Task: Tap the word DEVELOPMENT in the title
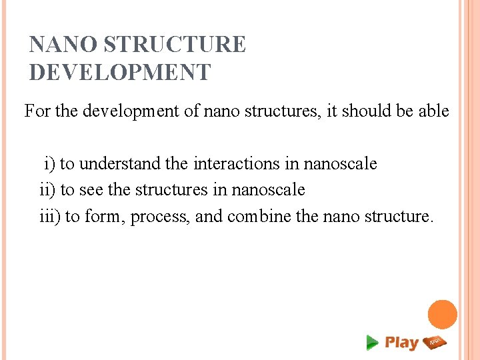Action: pos(120,72)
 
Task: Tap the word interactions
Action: pos(246,163)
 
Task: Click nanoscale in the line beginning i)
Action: pos(341,163)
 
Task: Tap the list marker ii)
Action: pos(47,190)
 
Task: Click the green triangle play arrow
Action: pos(372,343)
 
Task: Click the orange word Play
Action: pos(401,343)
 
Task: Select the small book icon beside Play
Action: pos(435,342)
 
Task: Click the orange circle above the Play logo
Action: pos(442,315)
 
